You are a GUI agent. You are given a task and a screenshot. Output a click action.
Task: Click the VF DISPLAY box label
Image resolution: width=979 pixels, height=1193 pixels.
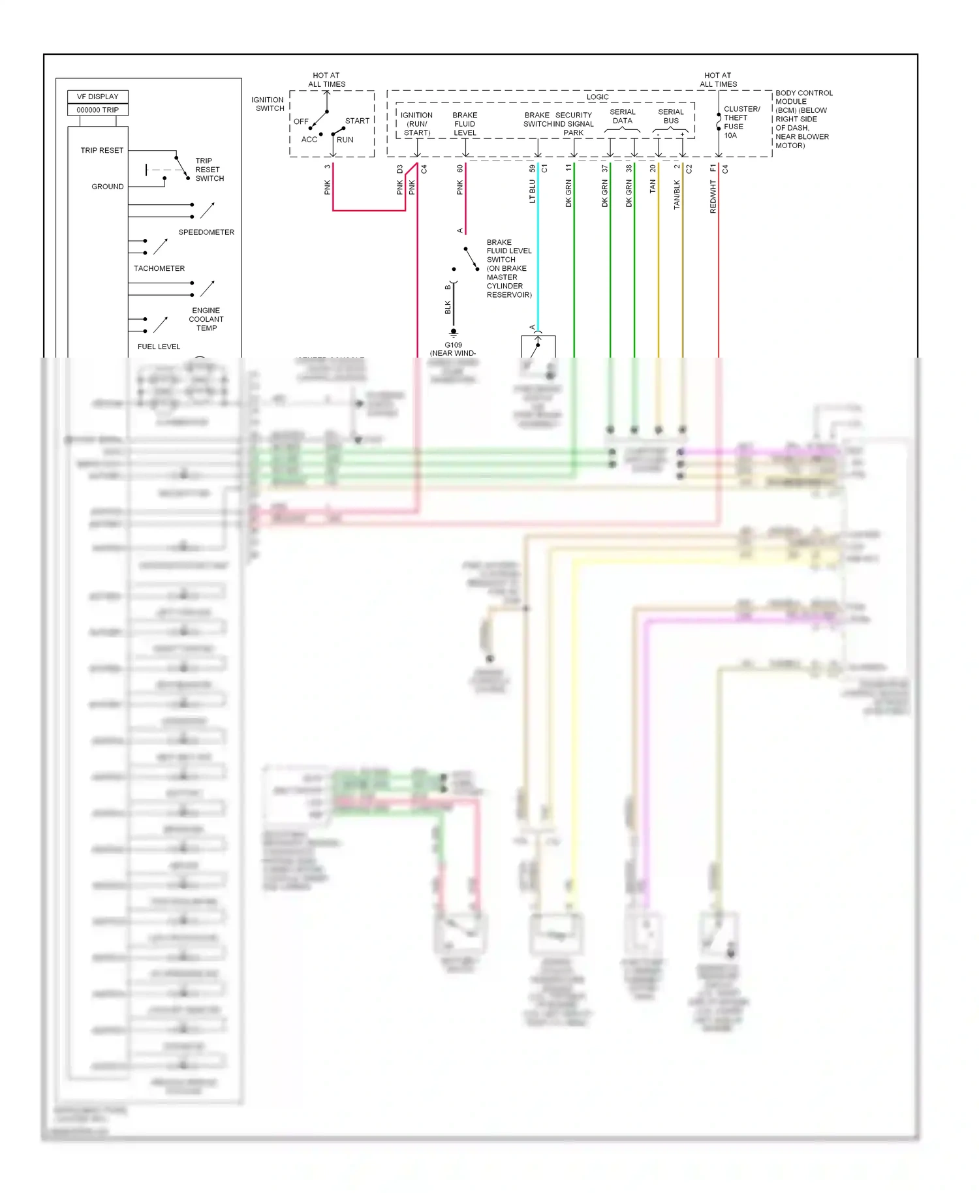coord(97,97)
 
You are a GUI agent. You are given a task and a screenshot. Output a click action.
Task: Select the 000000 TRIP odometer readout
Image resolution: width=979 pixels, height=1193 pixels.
coord(97,110)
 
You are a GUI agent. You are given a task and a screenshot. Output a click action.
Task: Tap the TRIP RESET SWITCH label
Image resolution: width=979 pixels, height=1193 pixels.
coord(210,170)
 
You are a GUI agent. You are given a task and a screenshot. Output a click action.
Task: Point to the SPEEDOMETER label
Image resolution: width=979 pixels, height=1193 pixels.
coord(206,232)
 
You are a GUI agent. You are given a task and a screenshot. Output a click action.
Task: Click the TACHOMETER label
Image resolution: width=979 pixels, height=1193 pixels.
coord(159,268)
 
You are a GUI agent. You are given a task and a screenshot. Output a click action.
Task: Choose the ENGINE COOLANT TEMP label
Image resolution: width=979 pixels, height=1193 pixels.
coord(206,319)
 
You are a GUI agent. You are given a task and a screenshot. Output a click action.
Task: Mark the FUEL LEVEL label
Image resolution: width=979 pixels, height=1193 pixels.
coord(159,347)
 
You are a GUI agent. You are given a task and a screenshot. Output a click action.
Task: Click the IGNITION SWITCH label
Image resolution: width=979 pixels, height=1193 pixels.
coord(268,104)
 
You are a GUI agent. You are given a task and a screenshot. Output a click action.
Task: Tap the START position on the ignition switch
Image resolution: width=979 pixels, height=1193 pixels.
coord(357,121)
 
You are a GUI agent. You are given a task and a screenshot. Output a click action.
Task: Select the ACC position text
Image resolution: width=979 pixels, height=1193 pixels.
coord(309,140)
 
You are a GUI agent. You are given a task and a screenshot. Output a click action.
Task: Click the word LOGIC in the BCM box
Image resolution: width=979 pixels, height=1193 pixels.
coord(597,97)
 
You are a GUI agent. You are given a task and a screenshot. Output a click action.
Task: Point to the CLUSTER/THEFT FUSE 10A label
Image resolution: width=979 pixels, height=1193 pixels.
coord(741,122)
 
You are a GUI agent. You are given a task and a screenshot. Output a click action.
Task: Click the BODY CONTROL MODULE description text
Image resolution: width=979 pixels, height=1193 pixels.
coord(803,119)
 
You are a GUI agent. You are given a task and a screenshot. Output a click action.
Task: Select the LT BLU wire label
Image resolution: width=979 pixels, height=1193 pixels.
coord(532,192)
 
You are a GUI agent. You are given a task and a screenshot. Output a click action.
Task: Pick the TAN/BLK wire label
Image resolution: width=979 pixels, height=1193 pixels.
coord(677,194)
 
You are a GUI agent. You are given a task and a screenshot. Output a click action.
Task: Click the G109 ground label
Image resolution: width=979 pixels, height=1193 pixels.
coord(453,345)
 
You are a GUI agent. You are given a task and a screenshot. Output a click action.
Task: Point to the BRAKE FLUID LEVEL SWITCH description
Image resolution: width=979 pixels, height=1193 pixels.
coord(508,268)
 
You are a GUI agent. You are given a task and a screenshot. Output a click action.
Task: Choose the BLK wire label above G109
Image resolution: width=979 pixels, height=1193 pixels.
coord(448,306)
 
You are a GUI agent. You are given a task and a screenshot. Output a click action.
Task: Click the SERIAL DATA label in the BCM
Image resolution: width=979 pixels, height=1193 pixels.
coord(622,116)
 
